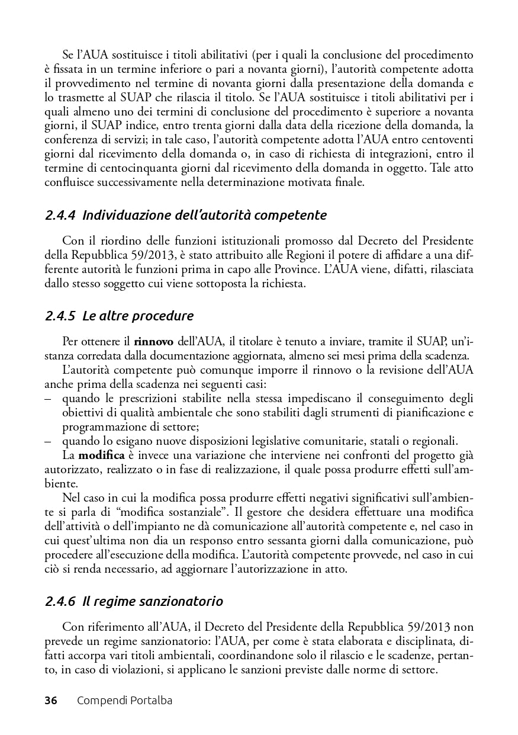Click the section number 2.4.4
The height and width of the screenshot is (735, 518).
pos(60,215)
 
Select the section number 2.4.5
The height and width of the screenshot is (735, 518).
pos(60,316)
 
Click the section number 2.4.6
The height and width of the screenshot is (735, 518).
pos(60,601)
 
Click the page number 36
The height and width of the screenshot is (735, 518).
pos(51,701)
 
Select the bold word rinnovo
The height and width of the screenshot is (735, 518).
pos(154,342)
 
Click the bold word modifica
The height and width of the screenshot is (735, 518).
pos(101,455)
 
